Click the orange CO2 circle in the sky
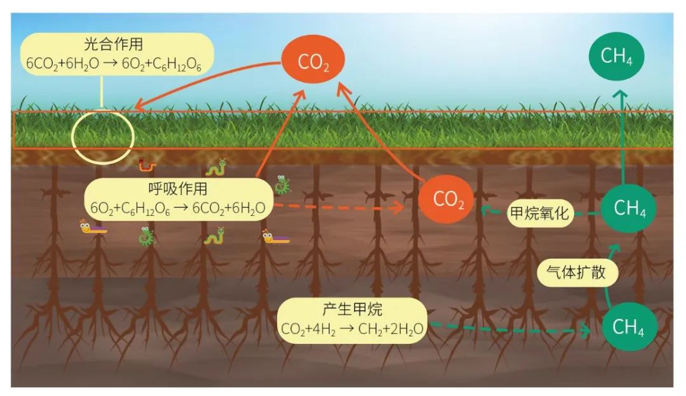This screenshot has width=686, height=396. tap(313, 61)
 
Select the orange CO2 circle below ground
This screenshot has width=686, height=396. tap(446, 199)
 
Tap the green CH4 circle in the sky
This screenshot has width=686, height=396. tap(615, 56)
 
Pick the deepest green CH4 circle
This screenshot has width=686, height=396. tap(629, 327)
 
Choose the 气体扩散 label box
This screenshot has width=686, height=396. tap(577, 272)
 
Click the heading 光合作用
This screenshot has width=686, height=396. tap(114, 45)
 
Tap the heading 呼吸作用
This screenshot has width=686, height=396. tap(174, 189)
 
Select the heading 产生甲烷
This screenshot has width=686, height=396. tap(352, 310)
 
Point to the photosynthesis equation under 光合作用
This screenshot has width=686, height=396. tap(114, 63)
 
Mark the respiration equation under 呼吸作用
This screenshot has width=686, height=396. tap(174, 207)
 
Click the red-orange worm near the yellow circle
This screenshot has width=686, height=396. tap(147, 166)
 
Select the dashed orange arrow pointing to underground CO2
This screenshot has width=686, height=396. tap(343, 207)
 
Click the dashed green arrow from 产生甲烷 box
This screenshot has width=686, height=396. tap(508, 329)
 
